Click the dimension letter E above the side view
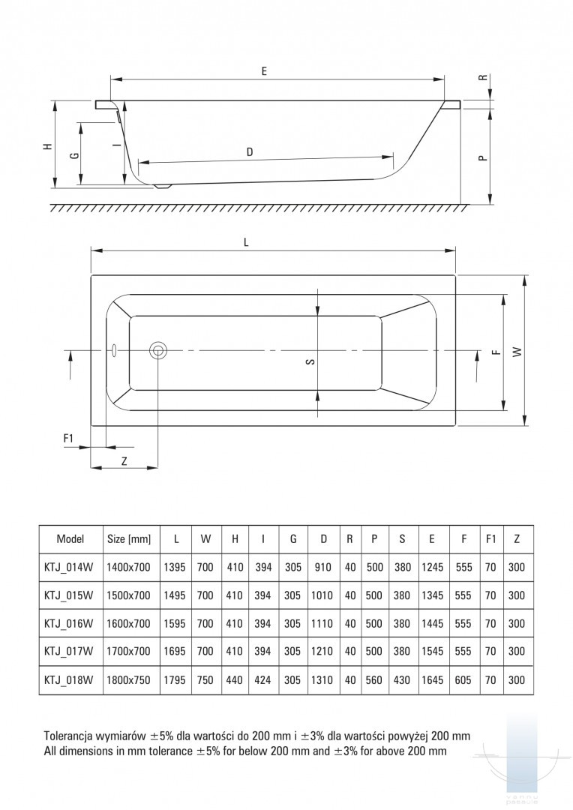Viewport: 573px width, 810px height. coord(265,71)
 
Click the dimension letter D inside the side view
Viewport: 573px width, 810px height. coord(250,152)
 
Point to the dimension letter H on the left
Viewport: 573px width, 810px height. coord(47,147)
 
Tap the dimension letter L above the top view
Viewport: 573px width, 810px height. coord(246,242)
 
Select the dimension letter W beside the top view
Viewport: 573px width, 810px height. coord(517,351)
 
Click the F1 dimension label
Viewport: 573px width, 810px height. coord(67,437)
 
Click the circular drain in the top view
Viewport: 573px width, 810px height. coord(158,350)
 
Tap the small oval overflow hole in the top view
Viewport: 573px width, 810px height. coord(113,349)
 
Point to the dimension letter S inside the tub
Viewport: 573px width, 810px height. coord(310,362)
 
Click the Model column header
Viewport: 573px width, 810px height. coord(70,538)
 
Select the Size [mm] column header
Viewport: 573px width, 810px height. coord(129,538)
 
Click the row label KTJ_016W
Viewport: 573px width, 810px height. coord(70,623)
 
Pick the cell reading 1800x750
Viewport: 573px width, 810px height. coord(129,680)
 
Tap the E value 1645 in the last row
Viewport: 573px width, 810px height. coord(433,680)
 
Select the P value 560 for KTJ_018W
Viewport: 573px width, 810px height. coord(374,680)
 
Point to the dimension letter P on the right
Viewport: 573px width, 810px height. coord(483,157)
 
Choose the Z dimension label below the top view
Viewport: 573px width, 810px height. coord(124,461)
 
